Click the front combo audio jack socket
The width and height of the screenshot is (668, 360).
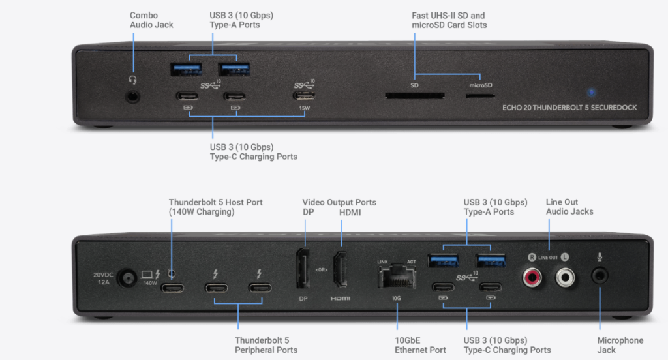[x=133, y=97]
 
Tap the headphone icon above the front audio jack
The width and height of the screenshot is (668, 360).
[x=133, y=80]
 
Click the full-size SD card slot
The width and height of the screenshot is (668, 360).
[x=414, y=96]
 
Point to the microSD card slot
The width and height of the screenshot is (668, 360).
[x=479, y=96]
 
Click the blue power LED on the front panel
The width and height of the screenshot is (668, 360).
[x=591, y=93]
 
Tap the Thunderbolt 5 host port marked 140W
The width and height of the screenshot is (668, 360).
[x=172, y=288]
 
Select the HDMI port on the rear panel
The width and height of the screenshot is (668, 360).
[x=340, y=269]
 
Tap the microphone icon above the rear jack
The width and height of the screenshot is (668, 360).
[x=600, y=256]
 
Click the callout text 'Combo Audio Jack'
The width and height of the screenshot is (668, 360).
[x=151, y=20]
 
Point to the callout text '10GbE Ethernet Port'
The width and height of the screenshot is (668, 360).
[x=420, y=345]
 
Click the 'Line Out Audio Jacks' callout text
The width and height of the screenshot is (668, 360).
[x=569, y=207]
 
